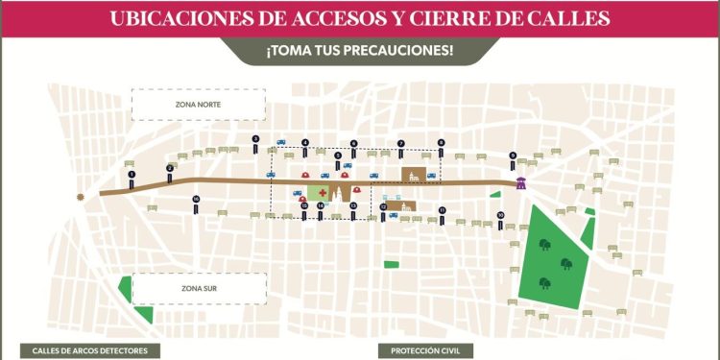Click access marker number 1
coord(131,175)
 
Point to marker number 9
coord(513,156)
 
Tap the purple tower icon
coord(521,182)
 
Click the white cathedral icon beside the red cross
coord(339,195)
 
